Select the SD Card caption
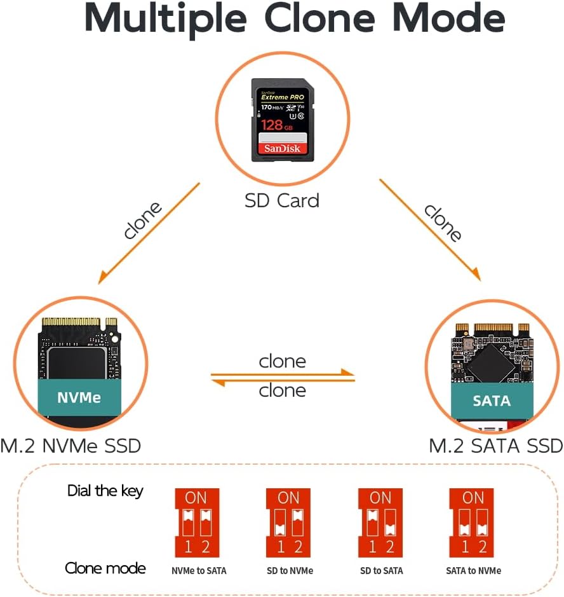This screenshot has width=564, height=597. tap(282, 200)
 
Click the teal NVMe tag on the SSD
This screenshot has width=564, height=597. tap(79, 398)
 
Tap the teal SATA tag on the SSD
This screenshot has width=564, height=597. tap(492, 401)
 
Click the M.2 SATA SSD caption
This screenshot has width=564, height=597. tap(496, 446)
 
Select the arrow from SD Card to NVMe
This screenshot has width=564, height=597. tap(149, 233)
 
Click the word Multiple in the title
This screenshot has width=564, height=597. tap(166, 18)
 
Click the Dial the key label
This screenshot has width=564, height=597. tap(105, 491)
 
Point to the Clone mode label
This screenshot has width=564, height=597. tap(105, 568)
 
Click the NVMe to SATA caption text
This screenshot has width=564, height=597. tap(199, 570)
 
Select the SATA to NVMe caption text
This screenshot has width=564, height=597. tap(473, 570)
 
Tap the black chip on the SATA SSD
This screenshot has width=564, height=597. tap(488, 363)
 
